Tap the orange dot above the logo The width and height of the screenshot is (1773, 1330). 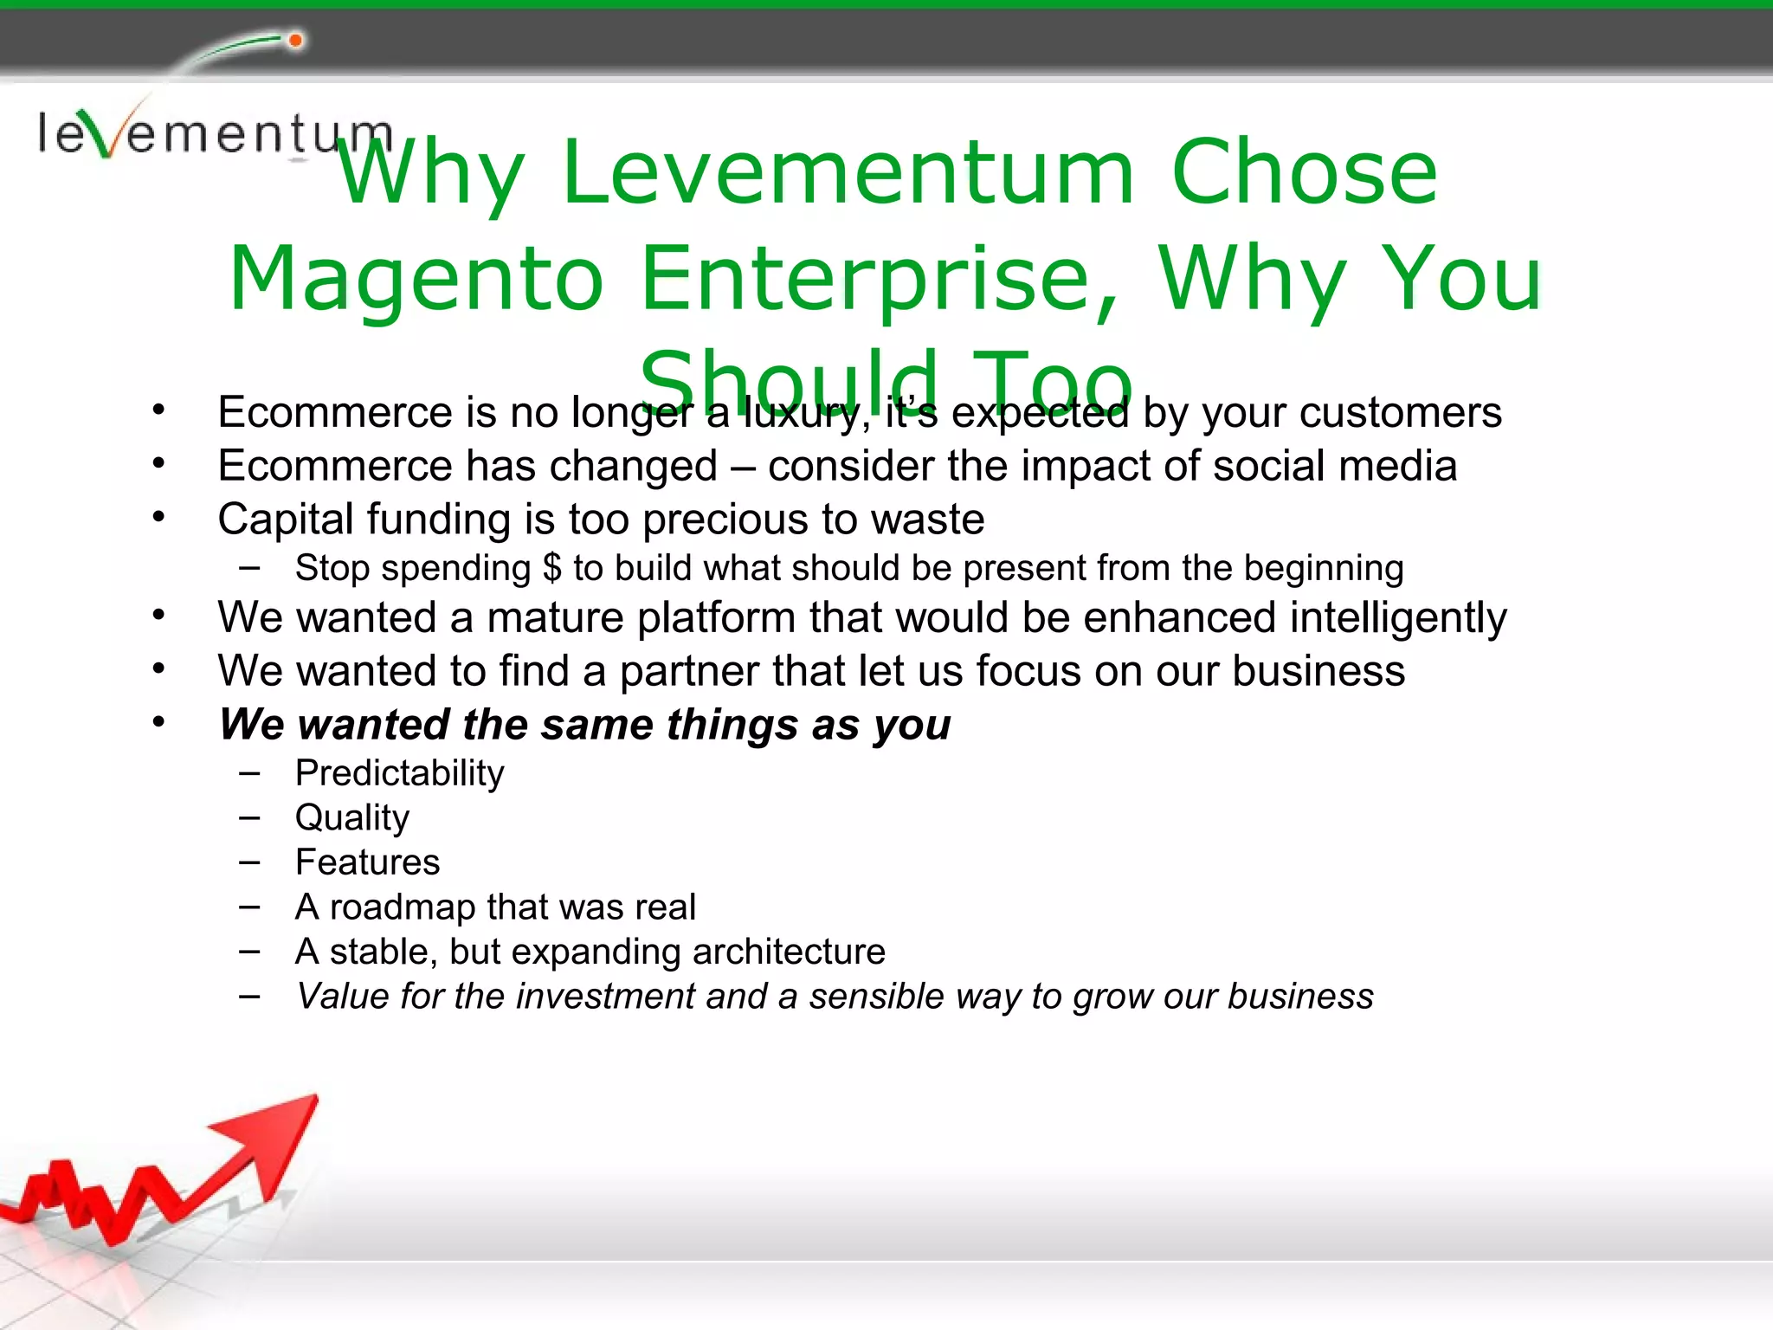point(295,41)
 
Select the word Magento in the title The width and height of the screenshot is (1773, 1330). point(416,279)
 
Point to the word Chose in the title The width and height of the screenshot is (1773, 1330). point(1304,173)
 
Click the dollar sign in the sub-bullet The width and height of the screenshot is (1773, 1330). point(552,569)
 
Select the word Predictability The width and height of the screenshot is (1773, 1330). point(399,773)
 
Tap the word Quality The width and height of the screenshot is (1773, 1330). point(351,818)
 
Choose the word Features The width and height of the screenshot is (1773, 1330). point(367,862)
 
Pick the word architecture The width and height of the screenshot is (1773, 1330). point(789,952)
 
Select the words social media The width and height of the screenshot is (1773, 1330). point(1334,466)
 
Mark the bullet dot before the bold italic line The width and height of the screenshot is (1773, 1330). point(158,721)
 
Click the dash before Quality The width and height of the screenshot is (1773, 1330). point(250,817)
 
